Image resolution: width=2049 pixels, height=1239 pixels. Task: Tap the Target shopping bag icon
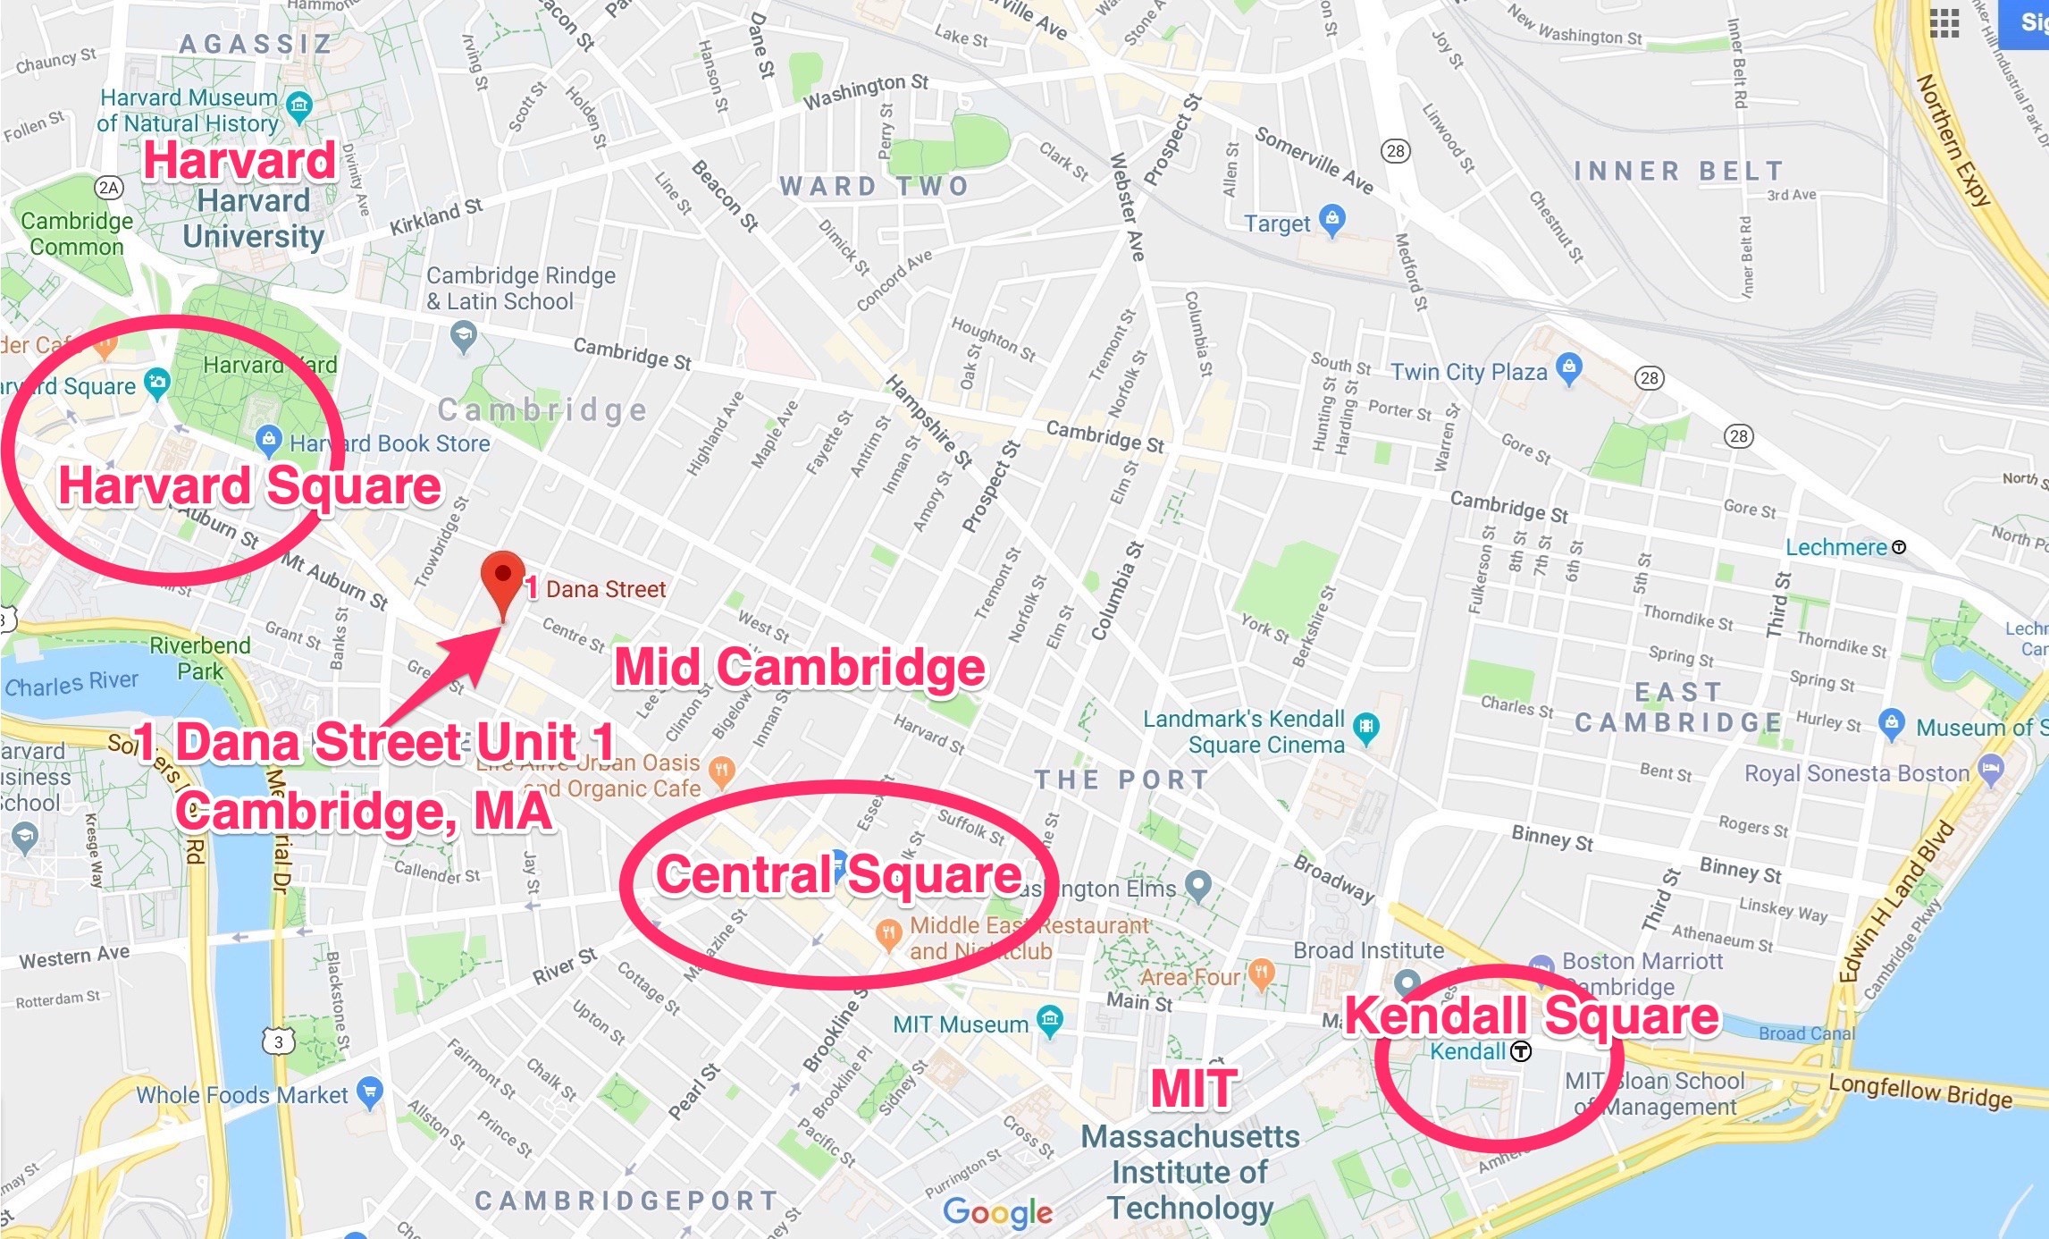(x=1332, y=220)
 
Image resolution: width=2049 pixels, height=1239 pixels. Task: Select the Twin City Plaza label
(x=1468, y=372)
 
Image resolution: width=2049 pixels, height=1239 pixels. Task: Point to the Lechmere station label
(x=1835, y=547)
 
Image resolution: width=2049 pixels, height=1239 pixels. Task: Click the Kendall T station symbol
(x=1521, y=1051)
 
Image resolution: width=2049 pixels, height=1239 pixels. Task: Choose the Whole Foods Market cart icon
(x=369, y=1091)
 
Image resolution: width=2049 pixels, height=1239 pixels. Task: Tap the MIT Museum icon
(x=1050, y=1019)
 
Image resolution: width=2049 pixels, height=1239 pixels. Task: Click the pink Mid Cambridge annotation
(x=800, y=668)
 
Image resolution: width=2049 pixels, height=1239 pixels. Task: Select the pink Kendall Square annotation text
(x=1531, y=1016)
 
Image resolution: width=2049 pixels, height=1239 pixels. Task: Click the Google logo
(x=997, y=1211)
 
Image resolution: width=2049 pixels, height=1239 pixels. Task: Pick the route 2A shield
(x=109, y=188)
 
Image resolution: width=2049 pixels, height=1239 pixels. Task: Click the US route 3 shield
(x=279, y=1041)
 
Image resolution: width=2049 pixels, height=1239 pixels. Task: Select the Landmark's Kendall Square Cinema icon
(x=1365, y=727)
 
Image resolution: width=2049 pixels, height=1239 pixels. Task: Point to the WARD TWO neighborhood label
(x=873, y=186)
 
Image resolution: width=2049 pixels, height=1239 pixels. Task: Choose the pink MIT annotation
(x=1193, y=1088)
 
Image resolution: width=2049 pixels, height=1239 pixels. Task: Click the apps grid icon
(x=1944, y=23)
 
